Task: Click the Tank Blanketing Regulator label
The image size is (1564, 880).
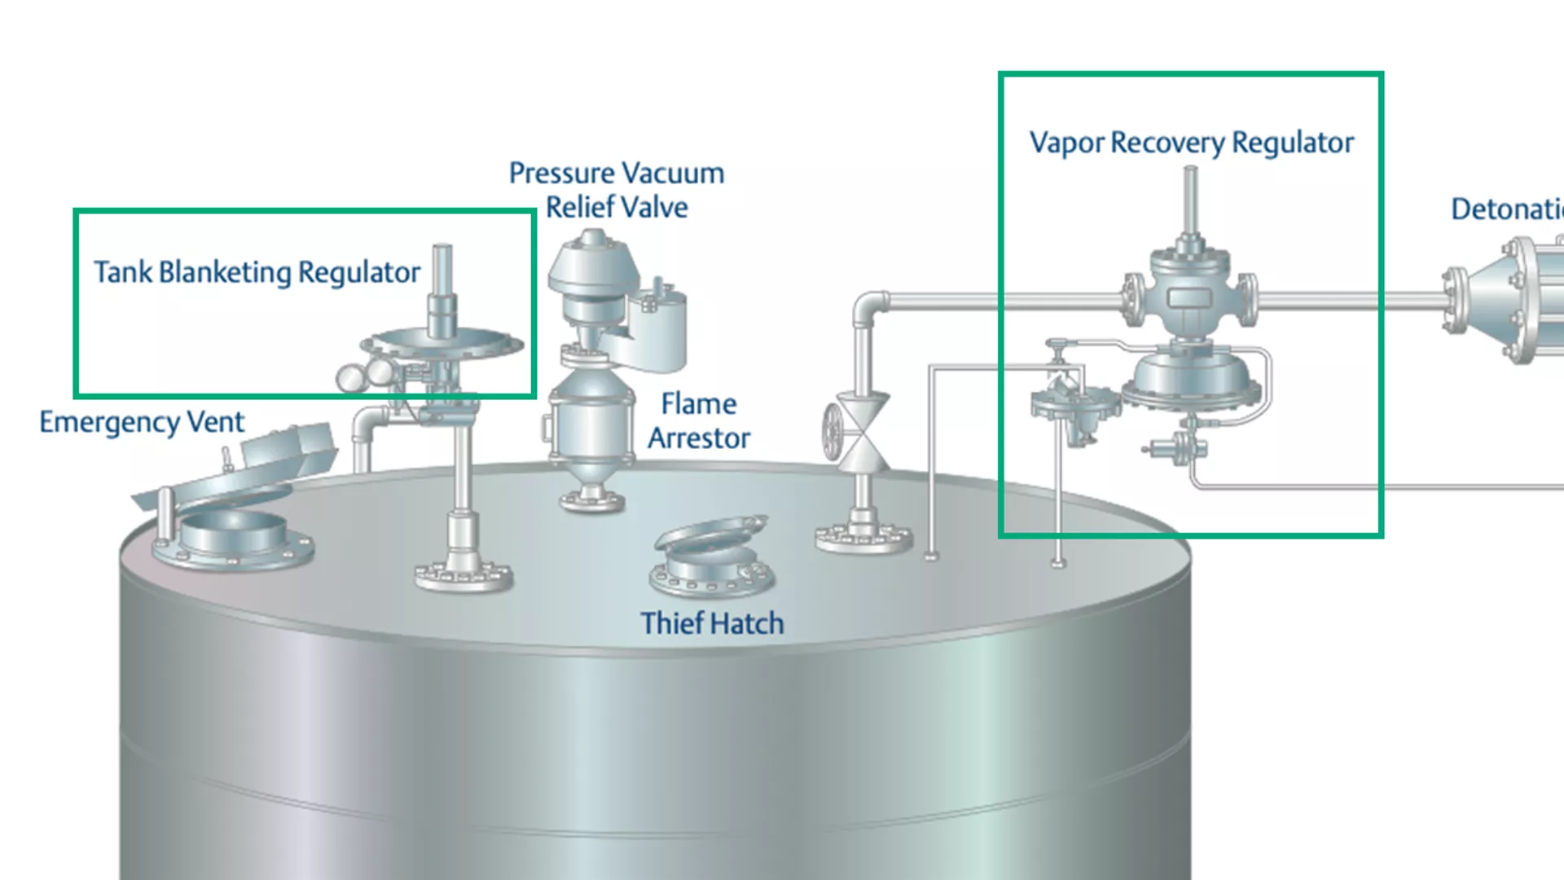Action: (257, 272)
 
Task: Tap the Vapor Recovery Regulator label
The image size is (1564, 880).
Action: (1191, 143)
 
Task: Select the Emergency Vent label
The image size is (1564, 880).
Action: (142, 422)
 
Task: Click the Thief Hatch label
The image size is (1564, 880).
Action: (712, 623)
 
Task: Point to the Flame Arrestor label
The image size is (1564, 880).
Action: (699, 421)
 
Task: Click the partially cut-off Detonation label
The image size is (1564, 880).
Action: (1507, 209)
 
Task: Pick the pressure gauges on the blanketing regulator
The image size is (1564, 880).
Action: (365, 376)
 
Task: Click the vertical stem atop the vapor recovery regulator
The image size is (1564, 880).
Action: (1190, 200)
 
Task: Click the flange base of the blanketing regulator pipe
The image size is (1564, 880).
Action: (463, 574)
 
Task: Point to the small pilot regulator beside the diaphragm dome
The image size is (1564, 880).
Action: (1074, 407)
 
